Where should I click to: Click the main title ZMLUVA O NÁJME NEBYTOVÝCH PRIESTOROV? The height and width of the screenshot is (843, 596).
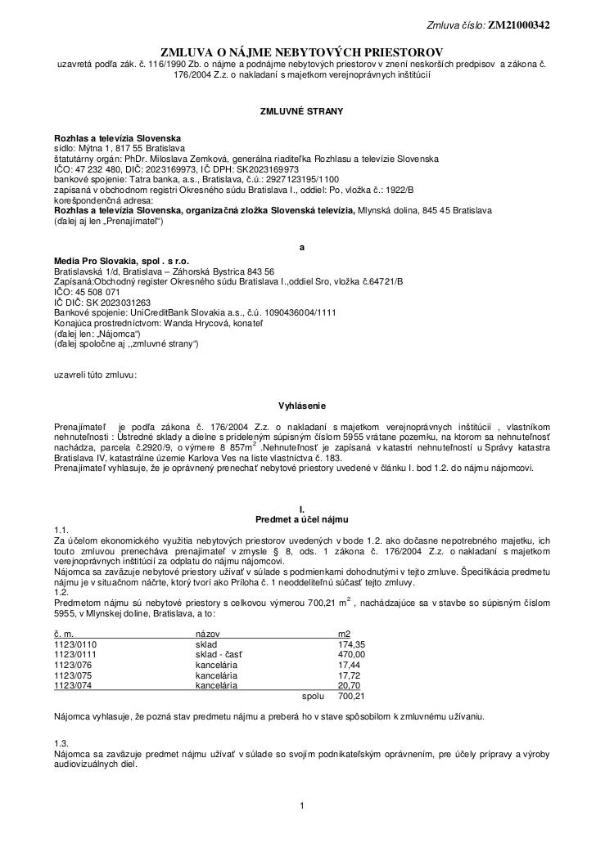point(301,51)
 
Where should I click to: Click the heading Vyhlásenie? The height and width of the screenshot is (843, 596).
point(303,405)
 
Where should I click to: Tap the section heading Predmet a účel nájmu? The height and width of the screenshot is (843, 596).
point(302,518)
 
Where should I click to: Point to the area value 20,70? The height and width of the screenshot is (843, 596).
point(353,686)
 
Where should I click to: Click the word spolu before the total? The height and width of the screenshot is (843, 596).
point(313,697)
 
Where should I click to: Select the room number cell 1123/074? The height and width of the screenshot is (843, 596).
point(73,686)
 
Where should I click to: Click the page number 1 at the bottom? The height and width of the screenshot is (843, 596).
point(302,810)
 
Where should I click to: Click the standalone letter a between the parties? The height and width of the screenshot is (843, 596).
point(302,247)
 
